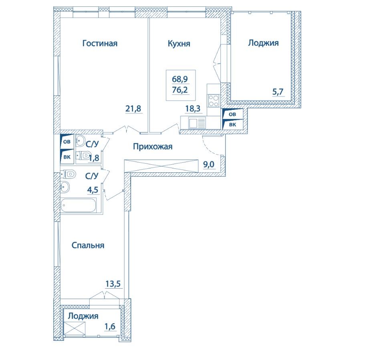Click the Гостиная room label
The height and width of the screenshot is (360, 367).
point(100,43)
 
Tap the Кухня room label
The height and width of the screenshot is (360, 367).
point(179,44)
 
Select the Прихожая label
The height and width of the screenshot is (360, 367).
point(153,147)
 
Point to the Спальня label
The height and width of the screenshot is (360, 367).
point(88,245)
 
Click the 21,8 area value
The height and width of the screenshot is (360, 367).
point(133,109)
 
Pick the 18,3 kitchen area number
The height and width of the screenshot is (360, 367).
point(193,109)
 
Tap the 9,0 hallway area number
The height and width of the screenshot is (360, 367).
point(209,164)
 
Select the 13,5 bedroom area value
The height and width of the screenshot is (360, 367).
point(113,284)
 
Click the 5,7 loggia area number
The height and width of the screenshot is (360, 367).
point(278,91)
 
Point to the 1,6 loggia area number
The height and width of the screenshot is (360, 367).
point(110,326)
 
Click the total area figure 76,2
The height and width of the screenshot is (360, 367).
point(180,89)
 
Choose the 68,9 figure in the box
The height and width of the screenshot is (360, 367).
point(180,79)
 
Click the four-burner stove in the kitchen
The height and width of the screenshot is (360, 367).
point(214,101)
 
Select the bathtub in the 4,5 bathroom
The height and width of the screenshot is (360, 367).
point(79,205)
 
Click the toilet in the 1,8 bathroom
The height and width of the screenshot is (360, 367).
point(84,155)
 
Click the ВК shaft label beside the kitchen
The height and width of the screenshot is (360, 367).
point(232,125)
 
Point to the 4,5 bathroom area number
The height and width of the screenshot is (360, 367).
point(93,190)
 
